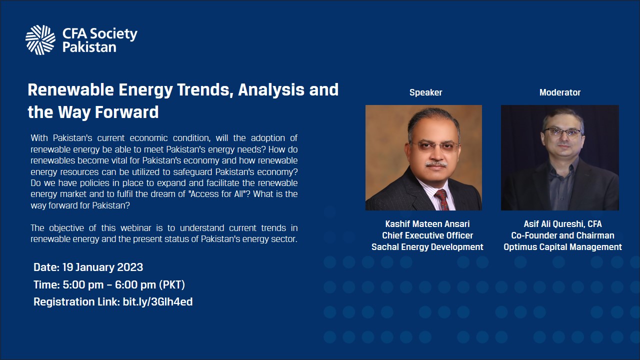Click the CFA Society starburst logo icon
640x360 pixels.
click(x=40, y=40)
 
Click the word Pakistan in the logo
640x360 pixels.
click(x=89, y=47)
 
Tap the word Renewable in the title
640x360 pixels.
click(x=71, y=89)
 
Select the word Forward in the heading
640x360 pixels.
click(x=126, y=112)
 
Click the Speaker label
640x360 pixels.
click(x=425, y=92)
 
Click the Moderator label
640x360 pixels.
click(x=560, y=92)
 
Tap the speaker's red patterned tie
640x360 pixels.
click(x=442, y=199)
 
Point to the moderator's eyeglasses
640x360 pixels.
click(x=562, y=132)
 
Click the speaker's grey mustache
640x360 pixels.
click(x=436, y=164)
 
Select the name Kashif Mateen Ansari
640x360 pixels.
click(x=427, y=224)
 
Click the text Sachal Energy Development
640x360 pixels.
click(x=427, y=247)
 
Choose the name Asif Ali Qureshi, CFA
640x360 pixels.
click(x=563, y=224)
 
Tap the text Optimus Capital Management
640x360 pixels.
click(x=563, y=247)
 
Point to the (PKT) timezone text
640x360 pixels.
click(x=171, y=285)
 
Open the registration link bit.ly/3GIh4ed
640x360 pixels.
click(x=157, y=302)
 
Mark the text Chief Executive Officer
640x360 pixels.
click(x=427, y=235)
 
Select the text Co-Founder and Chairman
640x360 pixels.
click(x=563, y=235)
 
